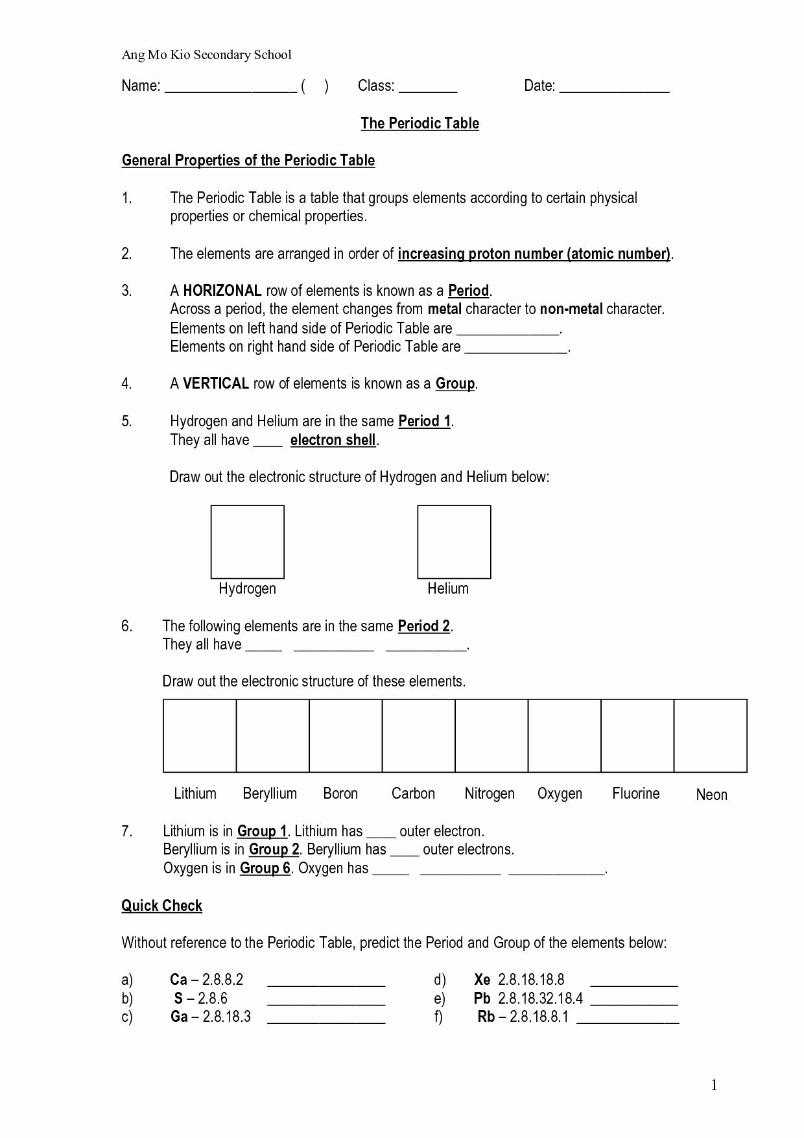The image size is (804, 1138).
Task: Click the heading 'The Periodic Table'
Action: coord(420,123)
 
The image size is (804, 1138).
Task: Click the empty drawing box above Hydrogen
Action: coord(247,542)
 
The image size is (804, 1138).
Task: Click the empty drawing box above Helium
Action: coord(454,542)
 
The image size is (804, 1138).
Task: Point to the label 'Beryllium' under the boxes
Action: coord(270,793)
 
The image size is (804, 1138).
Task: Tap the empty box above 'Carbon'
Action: coord(418,736)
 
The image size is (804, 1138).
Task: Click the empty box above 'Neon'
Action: coord(711,736)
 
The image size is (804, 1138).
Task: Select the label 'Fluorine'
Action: coord(635,793)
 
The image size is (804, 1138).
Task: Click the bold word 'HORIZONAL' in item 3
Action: coord(222,291)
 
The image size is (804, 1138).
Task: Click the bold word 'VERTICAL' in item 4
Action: coord(215,383)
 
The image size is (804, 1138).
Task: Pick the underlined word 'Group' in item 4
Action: coord(455,383)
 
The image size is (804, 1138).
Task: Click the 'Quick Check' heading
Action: coord(161,906)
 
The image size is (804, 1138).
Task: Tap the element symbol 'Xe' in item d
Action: coord(482,980)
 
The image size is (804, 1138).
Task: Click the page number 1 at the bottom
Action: coord(714,1085)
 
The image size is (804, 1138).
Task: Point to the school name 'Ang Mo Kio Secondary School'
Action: coord(206,55)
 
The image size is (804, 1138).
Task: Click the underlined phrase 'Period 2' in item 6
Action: coord(423,626)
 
